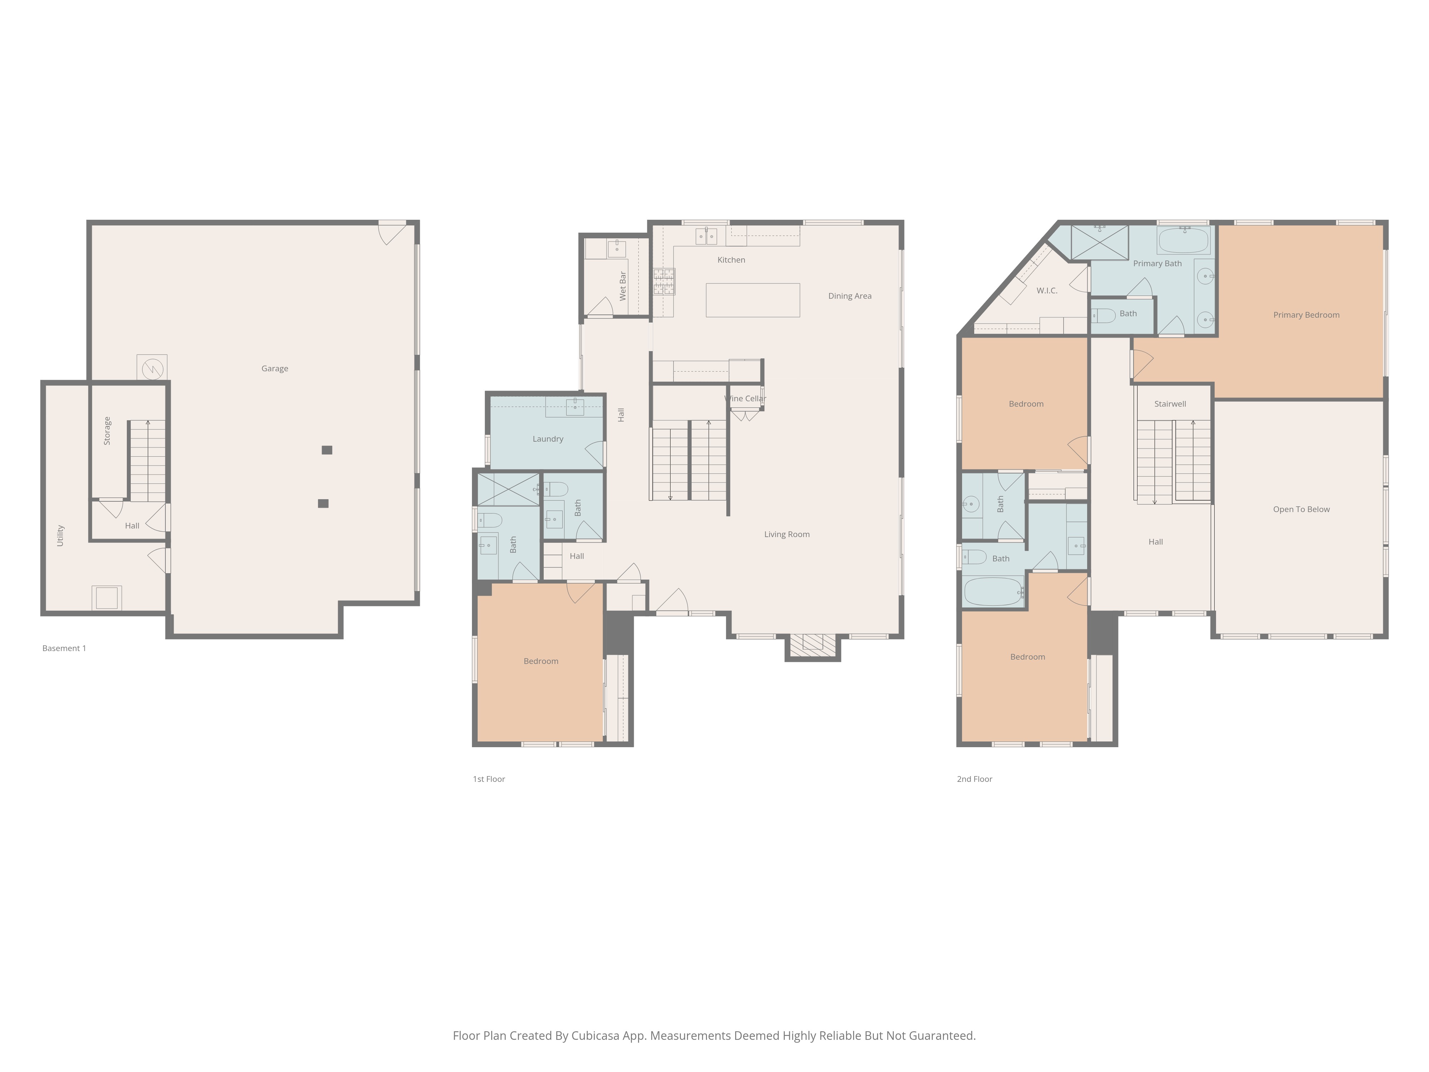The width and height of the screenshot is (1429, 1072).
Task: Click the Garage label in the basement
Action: (275, 368)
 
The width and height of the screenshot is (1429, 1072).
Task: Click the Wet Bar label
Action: (623, 286)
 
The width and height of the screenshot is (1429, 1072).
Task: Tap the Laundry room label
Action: (548, 439)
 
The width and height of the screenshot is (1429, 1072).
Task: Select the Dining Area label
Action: (850, 296)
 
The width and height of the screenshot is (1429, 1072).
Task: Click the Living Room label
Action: (786, 534)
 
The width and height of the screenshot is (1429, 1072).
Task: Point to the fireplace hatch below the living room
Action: (813, 642)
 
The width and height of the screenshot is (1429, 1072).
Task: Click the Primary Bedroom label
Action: (1306, 315)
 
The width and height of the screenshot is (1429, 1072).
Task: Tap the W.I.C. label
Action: (1046, 291)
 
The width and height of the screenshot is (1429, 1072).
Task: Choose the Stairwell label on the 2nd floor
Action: (1170, 404)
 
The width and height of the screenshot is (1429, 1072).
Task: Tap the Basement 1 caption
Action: (64, 648)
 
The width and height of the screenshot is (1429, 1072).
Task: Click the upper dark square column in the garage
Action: (327, 450)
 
